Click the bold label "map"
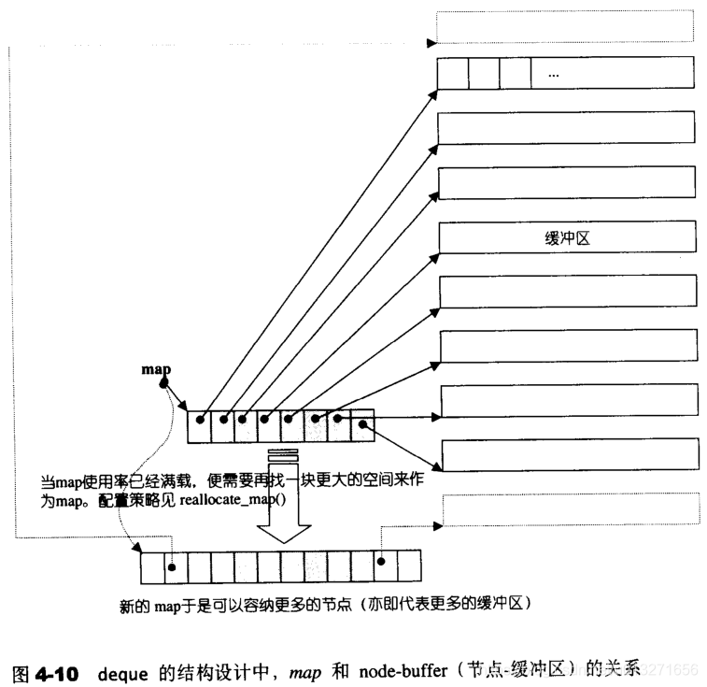click(156, 369)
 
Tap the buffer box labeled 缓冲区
click(567, 238)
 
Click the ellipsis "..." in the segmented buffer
click(554, 75)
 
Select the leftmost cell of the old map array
click(199, 427)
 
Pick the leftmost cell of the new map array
click(152, 567)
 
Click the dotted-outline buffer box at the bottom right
click(570, 509)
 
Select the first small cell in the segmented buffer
click(452, 74)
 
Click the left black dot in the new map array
click(172, 564)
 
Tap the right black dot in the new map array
click(382, 563)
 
